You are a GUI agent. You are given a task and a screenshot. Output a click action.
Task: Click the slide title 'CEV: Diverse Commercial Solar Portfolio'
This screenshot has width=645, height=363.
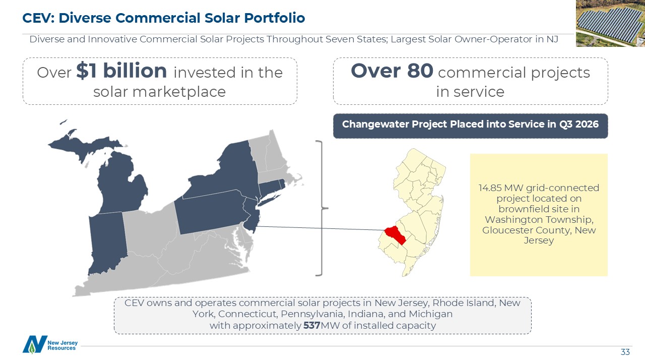164,18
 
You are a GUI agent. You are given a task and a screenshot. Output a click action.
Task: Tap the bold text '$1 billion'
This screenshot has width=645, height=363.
121,71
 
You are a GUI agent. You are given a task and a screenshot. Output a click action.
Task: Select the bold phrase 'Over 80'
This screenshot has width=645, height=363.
392,71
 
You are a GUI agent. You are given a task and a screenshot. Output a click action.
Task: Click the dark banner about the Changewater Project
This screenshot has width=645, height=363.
471,126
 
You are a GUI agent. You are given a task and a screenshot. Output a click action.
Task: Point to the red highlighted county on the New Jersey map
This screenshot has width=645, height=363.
396,235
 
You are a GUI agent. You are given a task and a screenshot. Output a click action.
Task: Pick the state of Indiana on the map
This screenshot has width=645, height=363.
107,243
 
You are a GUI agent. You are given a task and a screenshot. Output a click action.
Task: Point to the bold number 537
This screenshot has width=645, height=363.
312,326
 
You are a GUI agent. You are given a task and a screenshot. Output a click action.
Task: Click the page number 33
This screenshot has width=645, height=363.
625,352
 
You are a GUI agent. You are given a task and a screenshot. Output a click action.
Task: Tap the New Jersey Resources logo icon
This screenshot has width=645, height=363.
35,344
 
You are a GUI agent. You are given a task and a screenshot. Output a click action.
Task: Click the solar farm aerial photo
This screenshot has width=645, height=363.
610,23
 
